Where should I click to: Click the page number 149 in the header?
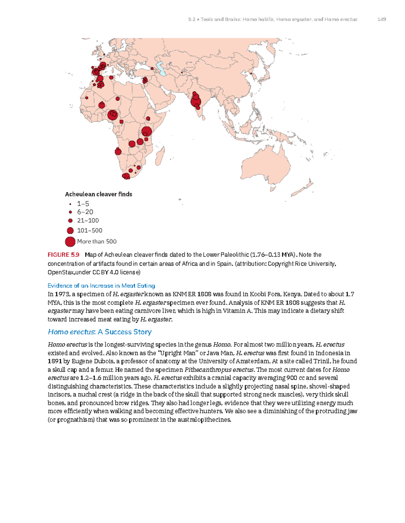click(381, 19)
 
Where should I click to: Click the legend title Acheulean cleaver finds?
click(98, 194)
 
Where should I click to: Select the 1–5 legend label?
click(83, 204)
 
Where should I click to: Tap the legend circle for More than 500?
click(70, 241)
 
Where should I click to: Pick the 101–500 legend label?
click(89, 230)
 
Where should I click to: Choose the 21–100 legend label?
click(88, 221)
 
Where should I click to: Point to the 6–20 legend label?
click(85, 212)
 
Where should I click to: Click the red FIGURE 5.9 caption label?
click(63, 255)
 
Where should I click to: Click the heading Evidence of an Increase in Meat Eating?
click(101, 286)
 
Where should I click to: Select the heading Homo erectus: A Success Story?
click(100, 332)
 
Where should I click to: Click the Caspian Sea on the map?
click(161, 69)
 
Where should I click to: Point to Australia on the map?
click(270, 168)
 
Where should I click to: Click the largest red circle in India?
click(196, 101)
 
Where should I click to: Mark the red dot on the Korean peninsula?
click(250, 73)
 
